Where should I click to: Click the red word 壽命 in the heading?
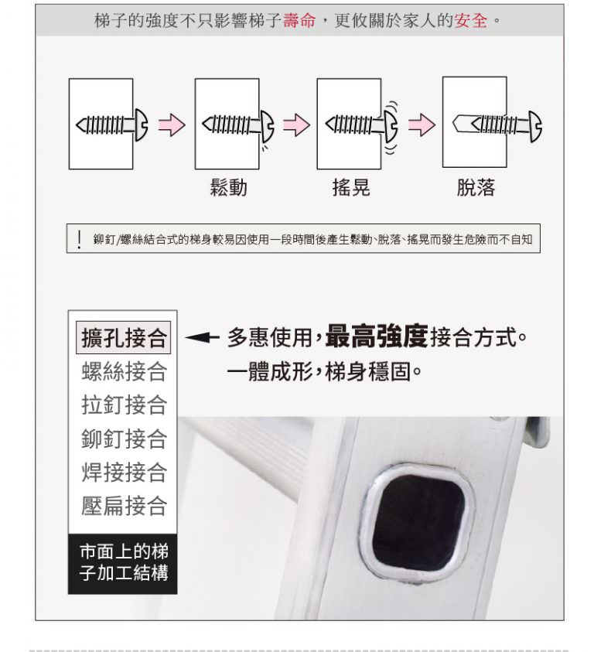point(299,20)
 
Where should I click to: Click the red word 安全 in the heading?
point(471,20)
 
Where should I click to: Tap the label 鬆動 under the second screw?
point(229,187)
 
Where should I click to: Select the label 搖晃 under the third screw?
point(351,187)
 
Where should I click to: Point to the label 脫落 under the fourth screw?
point(476,187)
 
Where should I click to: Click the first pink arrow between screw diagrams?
point(172,125)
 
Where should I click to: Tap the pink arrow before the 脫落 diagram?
point(422,125)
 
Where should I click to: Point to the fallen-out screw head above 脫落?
point(535,126)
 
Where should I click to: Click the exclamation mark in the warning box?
point(79,240)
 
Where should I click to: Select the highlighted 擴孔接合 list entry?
point(124,337)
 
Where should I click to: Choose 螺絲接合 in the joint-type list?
point(124,371)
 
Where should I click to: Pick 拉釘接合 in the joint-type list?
point(124,405)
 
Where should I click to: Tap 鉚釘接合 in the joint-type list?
point(124,439)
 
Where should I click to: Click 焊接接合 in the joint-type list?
point(124,473)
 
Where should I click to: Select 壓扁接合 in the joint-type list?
point(124,506)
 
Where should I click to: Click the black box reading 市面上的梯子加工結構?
point(123,564)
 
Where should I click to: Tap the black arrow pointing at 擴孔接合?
point(202,337)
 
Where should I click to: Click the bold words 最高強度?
point(377,336)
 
